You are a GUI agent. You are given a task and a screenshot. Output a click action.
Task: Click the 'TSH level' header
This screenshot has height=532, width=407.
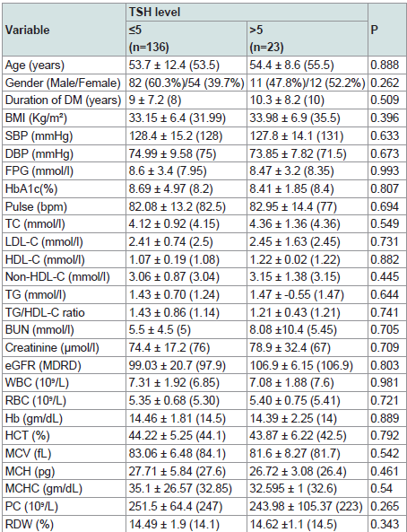coord(154,13)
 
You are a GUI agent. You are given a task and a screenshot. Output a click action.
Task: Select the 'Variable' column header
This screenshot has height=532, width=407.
coord(28,31)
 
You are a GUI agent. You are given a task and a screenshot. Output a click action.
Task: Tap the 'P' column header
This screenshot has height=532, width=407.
coord(374,31)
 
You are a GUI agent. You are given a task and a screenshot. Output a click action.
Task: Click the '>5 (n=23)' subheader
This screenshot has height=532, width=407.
coord(266,39)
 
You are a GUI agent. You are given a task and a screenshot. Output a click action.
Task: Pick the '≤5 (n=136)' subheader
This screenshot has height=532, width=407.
coord(149,39)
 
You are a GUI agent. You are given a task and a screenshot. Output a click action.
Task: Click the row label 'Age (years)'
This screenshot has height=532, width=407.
coord(35,65)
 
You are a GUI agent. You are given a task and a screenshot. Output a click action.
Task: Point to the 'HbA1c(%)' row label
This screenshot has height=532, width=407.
coord(31,189)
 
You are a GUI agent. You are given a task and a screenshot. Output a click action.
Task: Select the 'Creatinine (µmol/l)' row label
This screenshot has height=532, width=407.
coord(52,348)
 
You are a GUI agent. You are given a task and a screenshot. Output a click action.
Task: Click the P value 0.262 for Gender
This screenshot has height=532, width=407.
coord(385,83)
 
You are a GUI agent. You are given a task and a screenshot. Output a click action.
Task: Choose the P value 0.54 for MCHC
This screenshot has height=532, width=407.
coord(381,489)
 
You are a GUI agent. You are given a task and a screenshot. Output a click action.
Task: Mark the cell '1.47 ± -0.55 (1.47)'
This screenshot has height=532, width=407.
coord(297,295)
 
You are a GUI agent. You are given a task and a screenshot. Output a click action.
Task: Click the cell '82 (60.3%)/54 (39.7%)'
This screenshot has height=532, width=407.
coord(186,83)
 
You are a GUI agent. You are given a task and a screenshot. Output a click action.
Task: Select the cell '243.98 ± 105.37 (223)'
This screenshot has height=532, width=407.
coord(307,507)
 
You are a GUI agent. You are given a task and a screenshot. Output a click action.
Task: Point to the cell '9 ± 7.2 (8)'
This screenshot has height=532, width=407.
coord(155,100)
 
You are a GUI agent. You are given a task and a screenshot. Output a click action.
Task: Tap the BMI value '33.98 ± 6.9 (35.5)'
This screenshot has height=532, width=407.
coord(295,118)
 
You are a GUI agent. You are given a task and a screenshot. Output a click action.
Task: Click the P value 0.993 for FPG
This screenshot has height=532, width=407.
coord(385,171)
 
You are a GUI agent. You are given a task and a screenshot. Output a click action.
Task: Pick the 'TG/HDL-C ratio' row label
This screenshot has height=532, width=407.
coord(45,312)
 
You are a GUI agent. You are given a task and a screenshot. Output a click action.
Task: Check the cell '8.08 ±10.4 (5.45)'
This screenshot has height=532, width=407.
coord(293,330)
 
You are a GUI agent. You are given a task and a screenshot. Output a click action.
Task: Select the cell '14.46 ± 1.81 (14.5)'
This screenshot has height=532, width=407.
coord(178,418)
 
